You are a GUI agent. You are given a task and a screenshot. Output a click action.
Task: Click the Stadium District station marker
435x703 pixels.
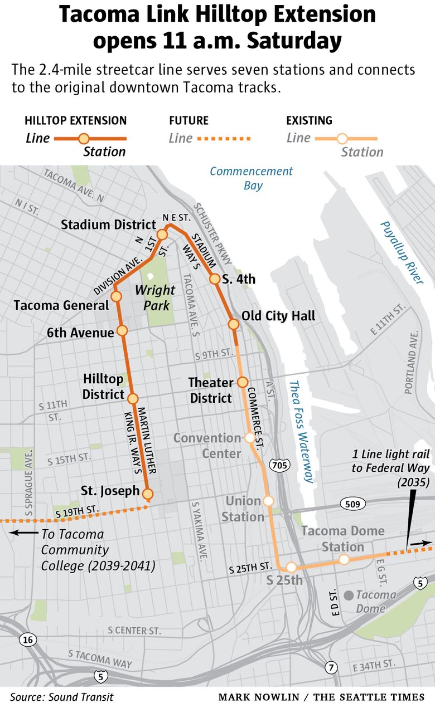pyautogui.click(x=162, y=234)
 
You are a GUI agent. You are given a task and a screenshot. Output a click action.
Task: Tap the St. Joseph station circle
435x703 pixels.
pyautogui.click(x=148, y=494)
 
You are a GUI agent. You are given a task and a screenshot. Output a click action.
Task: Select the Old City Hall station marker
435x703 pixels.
pyautogui.click(x=233, y=324)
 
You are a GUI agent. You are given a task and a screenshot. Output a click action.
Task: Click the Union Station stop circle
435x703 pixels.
pyautogui.click(x=268, y=501)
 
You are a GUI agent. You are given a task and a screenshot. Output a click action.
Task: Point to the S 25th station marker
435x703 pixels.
pyautogui.click(x=291, y=568)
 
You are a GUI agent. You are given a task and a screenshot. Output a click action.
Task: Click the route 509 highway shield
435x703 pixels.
pyautogui.click(x=353, y=504)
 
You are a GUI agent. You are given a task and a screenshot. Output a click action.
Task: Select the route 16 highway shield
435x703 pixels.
pyautogui.click(x=28, y=639)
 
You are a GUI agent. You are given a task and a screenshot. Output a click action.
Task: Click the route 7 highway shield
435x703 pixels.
pyautogui.click(x=331, y=667)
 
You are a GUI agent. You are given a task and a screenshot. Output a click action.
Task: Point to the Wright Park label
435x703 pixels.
pyautogui.click(x=154, y=298)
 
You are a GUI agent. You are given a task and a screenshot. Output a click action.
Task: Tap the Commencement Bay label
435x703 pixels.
pyautogui.click(x=252, y=178)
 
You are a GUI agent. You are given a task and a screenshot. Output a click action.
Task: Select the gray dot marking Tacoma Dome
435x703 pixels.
pyautogui.click(x=349, y=595)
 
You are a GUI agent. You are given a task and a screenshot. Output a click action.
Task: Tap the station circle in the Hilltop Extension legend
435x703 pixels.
pyautogui.click(x=84, y=139)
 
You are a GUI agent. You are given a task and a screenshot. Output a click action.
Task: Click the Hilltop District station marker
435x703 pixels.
pyautogui.click(x=133, y=398)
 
